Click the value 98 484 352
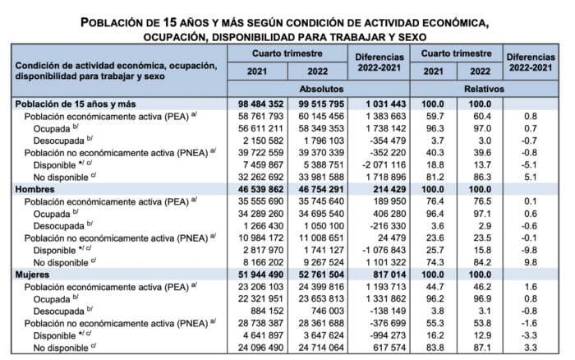click(x=260, y=104)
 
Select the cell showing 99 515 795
click(x=321, y=104)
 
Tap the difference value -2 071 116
click(x=384, y=164)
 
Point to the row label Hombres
click(x=34, y=189)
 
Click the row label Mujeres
click(x=32, y=275)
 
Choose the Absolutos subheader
click(x=321, y=89)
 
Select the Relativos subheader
click(x=484, y=89)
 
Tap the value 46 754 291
click(x=321, y=189)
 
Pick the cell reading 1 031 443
click(x=386, y=104)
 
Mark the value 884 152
click(x=266, y=311)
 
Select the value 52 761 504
click(x=321, y=275)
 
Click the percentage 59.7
click(x=435, y=117)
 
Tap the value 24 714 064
click(x=321, y=348)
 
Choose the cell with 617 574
click(x=389, y=348)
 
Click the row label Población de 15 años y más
click(x=76, y=104)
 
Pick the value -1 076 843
click(x=384, y=250)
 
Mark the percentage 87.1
click(x=482, y=348)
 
